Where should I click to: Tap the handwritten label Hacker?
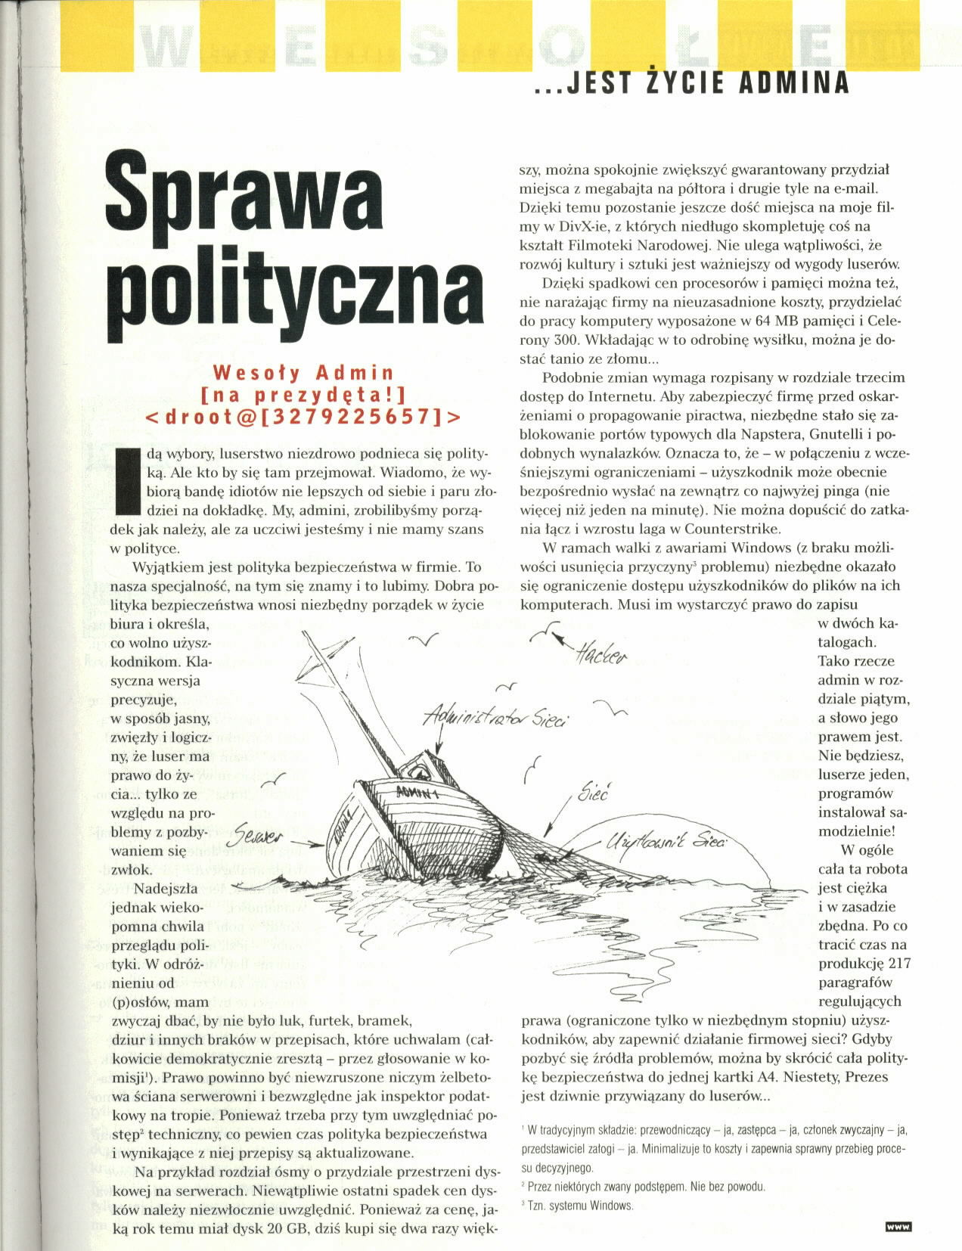[x=600, y=655]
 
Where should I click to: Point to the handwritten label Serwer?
[x=259, y=837]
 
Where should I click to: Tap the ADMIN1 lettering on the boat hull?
[x=417, y=792]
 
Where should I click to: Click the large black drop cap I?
[x=129, y=480]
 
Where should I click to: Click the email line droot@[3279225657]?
[x=302, y=415]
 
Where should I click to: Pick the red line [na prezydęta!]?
[x=304, y=394]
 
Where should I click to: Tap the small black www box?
[x=898, y=1226]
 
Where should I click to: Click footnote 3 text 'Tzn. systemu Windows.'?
[x=579, y=1206]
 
